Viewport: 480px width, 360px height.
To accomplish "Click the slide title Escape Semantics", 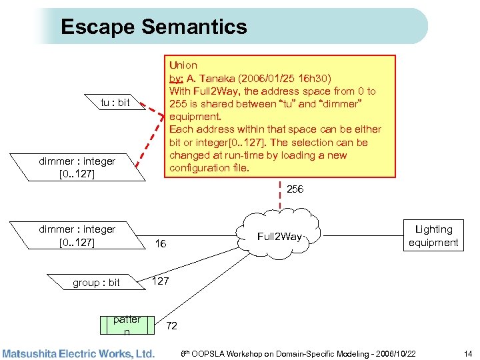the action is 153,27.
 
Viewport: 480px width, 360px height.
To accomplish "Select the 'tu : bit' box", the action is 114,102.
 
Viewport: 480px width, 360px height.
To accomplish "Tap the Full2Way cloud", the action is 279,236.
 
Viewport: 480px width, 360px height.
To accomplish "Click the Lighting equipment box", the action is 433,236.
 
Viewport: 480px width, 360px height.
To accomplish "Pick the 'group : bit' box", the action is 96,283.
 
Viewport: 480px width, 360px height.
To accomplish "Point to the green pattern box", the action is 126,325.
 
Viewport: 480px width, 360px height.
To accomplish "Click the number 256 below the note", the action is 295,189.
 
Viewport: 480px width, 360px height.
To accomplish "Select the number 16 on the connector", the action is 160,244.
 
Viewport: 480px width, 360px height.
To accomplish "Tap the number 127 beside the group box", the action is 161,281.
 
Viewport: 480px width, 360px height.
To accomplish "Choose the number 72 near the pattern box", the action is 171,326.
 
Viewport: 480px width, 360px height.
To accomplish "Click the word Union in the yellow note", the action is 183,65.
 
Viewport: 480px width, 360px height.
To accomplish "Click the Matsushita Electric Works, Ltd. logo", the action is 78,353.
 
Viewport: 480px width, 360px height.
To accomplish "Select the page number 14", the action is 467,353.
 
